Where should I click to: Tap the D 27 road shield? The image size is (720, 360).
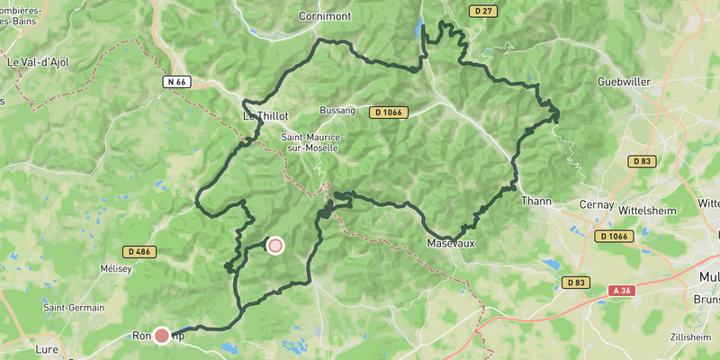click(482, 11)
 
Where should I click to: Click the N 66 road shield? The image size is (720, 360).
click(176, 82)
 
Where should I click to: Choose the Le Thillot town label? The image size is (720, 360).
click(265, 116)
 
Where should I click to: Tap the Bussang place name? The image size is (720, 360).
click(338, 111)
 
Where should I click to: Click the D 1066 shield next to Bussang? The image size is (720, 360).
click(390, 112)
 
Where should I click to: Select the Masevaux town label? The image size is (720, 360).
click(450, 243)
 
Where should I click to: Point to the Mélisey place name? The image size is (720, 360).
click(117, 268)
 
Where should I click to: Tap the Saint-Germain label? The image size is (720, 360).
click(71, 308)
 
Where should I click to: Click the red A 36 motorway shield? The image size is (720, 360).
click(621, 290)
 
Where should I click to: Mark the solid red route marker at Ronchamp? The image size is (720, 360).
click(162, 336)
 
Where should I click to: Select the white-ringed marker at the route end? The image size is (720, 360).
click(274, 245)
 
